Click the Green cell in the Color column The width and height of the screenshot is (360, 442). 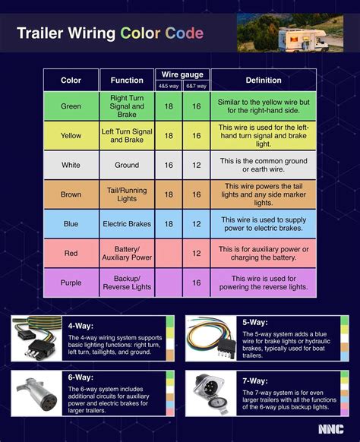click(x=71, y=106)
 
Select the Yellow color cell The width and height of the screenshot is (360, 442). click(x=71, y=135)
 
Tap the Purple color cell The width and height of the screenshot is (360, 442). click(x=71, y=283)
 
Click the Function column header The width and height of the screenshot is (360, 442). click(x=127, y=80)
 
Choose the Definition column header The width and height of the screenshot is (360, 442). click(x=264, y=80)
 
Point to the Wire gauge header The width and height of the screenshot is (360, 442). click(x=182, y=74)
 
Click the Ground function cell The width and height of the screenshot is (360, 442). click(x=127, y=165)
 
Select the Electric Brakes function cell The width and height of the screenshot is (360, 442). click(x=127, y=223)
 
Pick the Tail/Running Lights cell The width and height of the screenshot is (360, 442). click(x=127, y=194)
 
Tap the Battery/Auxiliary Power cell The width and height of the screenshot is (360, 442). click(x=127, y=253)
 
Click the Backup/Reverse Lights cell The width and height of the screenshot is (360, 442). click(x=127, y=283)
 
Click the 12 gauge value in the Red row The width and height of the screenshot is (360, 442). click(x=197, y=253)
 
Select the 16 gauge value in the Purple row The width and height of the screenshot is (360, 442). click(x=197, y=283)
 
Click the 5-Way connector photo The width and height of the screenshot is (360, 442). click(x=212, y=339)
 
